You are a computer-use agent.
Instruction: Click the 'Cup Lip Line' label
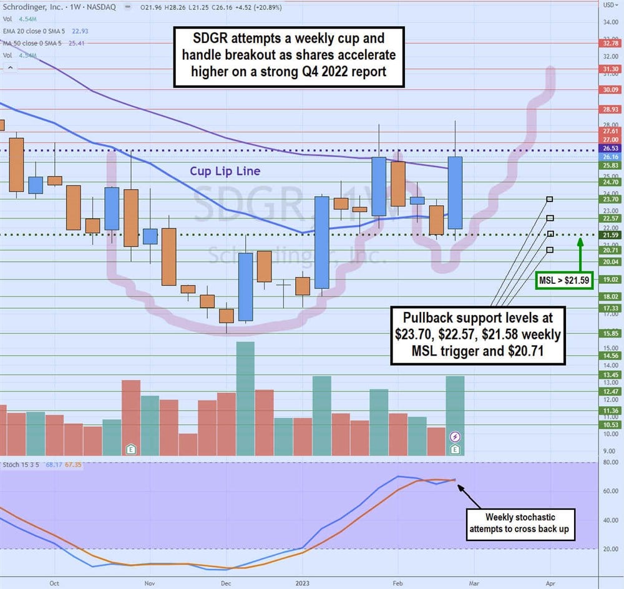point(226,171)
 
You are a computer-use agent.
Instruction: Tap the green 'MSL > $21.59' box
point(564,281)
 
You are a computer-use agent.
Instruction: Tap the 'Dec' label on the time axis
point(226,583)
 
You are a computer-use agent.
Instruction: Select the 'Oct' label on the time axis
point(54,583)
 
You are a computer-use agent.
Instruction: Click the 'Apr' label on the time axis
point(550,583)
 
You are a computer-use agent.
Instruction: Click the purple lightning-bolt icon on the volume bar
point(456,437)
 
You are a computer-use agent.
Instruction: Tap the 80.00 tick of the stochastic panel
point(610,462)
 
